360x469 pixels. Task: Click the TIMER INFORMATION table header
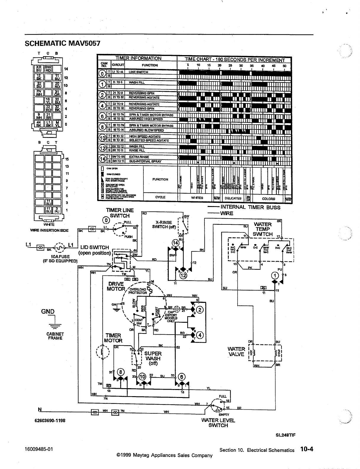(138, 58)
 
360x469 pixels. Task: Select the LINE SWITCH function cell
(138, 72)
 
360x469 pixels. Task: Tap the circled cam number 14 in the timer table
(102, 159)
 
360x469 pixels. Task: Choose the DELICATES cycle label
(233, 198)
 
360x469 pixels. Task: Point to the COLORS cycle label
(268, 199)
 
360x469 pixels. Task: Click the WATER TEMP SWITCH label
(263, 229)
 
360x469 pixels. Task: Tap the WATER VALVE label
(236, 351)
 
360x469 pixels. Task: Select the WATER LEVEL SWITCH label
(218, 423)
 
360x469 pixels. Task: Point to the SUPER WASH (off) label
(153, 358)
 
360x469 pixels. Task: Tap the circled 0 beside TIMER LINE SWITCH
(105, 220)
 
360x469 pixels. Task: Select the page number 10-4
(306, 449)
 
